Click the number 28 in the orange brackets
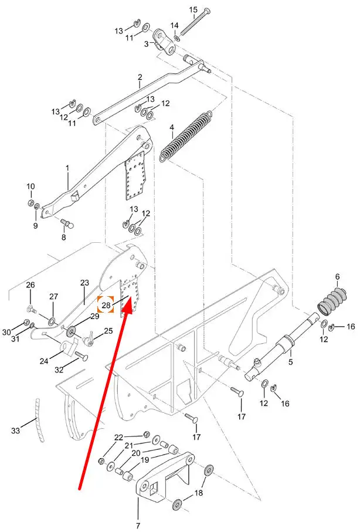106,305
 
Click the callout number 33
16,431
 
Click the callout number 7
138,526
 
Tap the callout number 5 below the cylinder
290,362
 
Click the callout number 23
84,282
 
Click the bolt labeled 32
80,356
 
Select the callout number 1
67,168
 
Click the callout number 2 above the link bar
140,77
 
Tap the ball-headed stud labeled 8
67,223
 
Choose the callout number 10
30,187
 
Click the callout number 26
30,284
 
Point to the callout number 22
118,438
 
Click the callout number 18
199,492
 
